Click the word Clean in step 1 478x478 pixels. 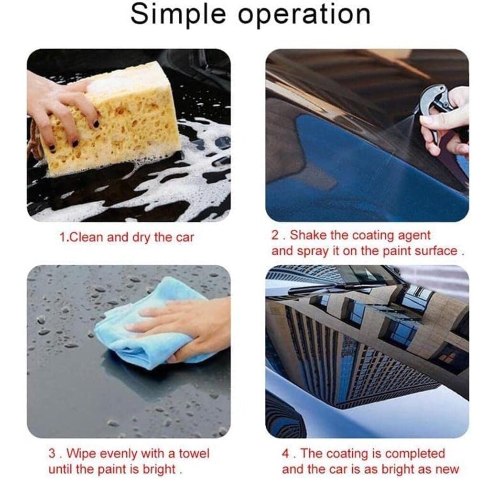(x=87, y=237)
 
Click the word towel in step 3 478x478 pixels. (x=194, y=453)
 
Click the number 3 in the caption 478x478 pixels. (x=52, y=454)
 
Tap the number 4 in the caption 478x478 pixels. (x=286, y=454)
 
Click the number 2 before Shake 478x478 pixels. (x=275, y=235)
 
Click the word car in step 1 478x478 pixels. (x=185, y=238)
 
